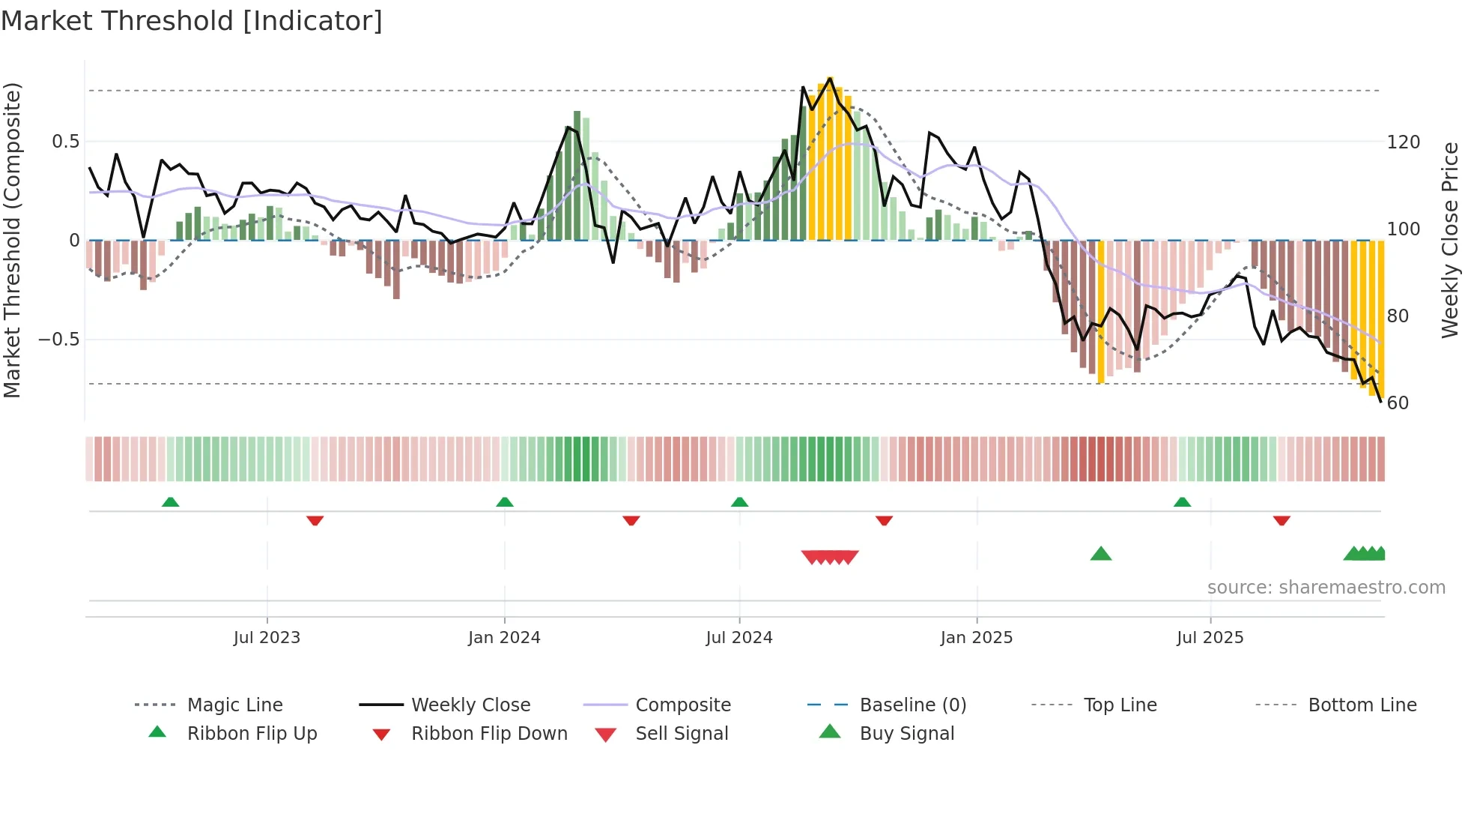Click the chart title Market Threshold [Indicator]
pos(192,21)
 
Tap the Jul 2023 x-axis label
pos(267,638)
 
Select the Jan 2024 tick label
pos(504,638)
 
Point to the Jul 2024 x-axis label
pos(739,638)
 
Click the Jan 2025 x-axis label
pos(977,638)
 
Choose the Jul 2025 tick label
pos(1210,638)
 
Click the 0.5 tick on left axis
pos(65,142)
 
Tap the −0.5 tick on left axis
pos(58,340)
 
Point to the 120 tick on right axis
pos(1403,142)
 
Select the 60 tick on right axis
pos(1398,403)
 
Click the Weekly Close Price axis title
pos(1450,240)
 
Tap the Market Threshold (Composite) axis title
pos(12,240)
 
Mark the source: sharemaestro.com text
pos(1326,588)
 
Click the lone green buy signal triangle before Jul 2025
pos(1101,555)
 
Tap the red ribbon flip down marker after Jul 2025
pos(1282,520)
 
